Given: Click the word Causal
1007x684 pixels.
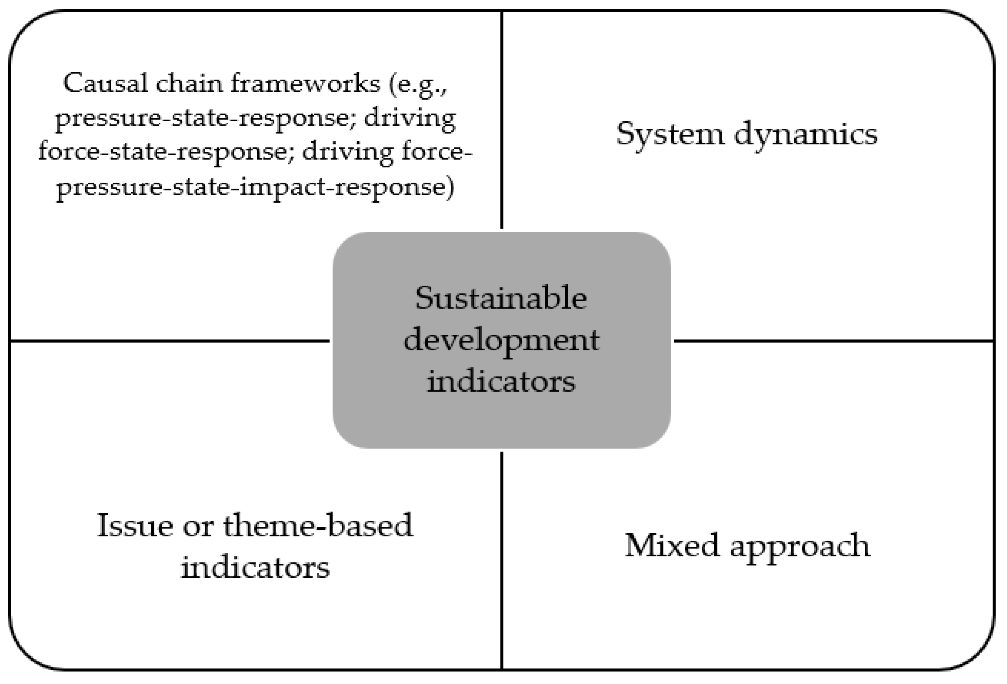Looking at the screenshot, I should pyautogui.click(x=105, y=83).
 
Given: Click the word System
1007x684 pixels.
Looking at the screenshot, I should pyautogui.click(x=669, y=134).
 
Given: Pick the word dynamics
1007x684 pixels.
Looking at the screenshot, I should pyautogui.click(x=806, y=134).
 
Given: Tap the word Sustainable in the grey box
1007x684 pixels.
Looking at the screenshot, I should pyautogui.click(x=501, y=298).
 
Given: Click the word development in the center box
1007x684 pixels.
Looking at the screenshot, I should pyautogui.click(x=501, y=340).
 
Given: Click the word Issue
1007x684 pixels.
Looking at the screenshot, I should pyautogui.click(x=134, y=526).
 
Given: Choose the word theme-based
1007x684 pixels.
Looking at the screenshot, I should pyautogui.click(x=318, y=526).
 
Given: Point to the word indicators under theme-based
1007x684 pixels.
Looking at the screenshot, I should pyautogui.click(x=255, y=567).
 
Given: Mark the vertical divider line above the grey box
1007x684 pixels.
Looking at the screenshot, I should pyautogui.click(x=502, y=117).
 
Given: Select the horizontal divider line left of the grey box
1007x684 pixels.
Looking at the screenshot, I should pyautogui.click(x=169, y=341).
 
